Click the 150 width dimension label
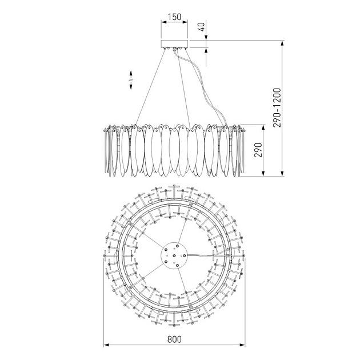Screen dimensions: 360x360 [174, 17]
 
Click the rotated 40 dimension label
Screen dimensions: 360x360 [201, 27]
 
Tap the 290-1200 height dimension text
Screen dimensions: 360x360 [277, 107]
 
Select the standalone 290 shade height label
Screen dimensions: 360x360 [258, 150]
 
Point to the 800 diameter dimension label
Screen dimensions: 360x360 [174, 339]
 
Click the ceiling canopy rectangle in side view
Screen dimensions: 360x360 [174, 43]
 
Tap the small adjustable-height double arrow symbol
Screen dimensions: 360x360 [131, 79]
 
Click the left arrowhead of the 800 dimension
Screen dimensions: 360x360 [106, 345]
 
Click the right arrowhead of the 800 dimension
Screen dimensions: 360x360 [242, 345]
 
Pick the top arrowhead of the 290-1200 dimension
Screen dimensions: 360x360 [282, 43]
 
